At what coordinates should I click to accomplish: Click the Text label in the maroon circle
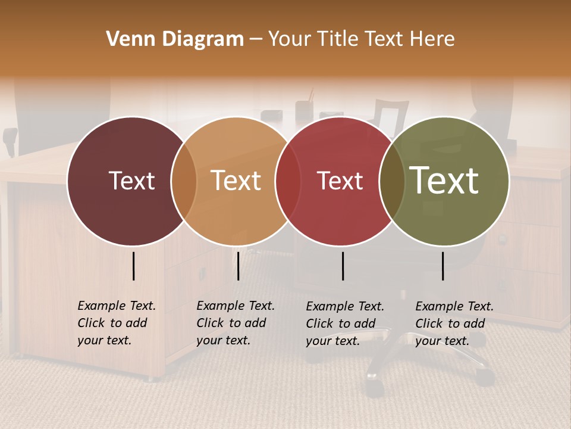131,181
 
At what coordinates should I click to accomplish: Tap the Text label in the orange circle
236,181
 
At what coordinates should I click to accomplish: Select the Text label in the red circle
340,181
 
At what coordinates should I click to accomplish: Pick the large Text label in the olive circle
444,181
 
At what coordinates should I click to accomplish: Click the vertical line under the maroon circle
134,266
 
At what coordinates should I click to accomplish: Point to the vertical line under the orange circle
238,266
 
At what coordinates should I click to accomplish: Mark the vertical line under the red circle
343,266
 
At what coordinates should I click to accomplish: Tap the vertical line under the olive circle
443,266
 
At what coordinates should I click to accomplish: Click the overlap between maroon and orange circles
184,181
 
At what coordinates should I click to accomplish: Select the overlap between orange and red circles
288,181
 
